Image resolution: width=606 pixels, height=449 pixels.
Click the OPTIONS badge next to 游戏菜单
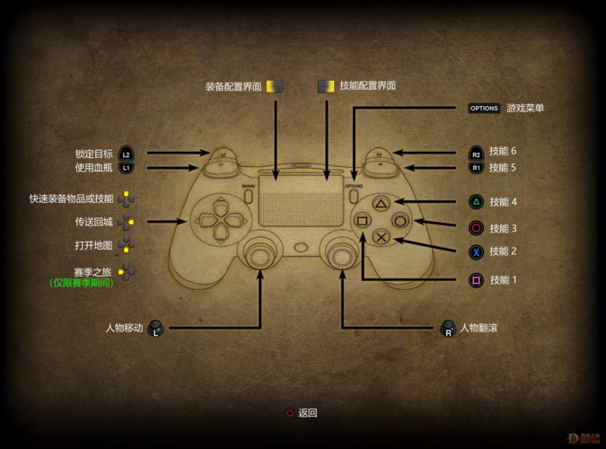pyautogui.click(x=484, y=109)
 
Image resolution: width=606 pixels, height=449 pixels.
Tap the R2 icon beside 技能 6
pyautogui.click(x=476, y=154)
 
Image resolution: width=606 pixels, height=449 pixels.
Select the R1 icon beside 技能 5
pyautogui.click(x=476, y=168)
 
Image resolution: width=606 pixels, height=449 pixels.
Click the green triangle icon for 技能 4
pyautogui.click(x=476, y=203)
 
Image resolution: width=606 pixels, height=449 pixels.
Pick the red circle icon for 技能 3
pyautogui.click(x=476, y=229)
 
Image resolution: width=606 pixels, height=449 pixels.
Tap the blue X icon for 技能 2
pyautogui.click(x=476, y=252)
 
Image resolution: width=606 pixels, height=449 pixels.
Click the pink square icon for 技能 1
pyautogui.click(x=476, y=281)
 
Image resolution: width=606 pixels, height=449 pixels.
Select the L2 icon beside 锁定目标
pyautogui.click(x=127, y=154)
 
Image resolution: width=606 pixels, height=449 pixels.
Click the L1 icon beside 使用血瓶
pyautogui.click(x=127, y=168)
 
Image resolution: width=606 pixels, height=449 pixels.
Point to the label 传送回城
pyautogui.click(x=94, y=222)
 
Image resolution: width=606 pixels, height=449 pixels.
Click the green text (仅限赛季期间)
pyautogui.click(x=82, y=283)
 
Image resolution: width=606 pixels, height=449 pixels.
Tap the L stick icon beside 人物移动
pyautogui.click(x=155, y=329)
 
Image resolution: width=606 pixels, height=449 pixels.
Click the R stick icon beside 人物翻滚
pyautogui.click(x=448, y=329)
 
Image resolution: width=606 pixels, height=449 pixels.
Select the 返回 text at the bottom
pyautogui.click(x=308, y=413)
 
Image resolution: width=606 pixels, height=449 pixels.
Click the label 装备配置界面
pyautogui.click(x=233, y=86)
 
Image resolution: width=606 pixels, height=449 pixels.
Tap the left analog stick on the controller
pyautogui.click(x=259, y=255)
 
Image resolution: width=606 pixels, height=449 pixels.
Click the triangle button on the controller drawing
pyautogui.click(x=381, y=205)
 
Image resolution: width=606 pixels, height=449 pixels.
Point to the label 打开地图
pyautogui.click(x=94, y=245)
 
